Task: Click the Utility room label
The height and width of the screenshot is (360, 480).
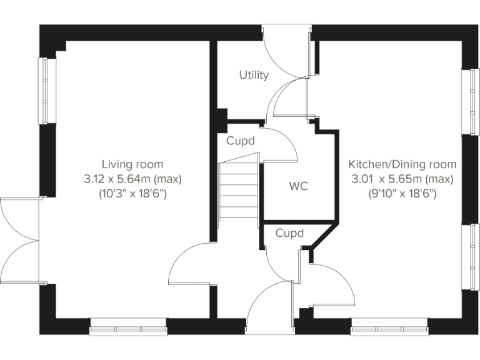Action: (x=254, y=75)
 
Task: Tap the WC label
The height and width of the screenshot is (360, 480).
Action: (x=298, y=186)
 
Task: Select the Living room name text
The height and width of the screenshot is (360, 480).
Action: (x=132, y=164)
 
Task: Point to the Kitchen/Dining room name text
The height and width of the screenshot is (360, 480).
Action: (x=402, y=164)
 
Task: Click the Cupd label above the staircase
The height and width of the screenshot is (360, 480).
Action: (x=241, y=141)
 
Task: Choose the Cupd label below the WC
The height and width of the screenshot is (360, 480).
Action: (x=289, y=234)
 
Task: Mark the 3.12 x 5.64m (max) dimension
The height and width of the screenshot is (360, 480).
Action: (x=132, y=179)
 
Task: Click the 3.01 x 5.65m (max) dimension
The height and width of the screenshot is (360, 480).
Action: (x=402, y=179)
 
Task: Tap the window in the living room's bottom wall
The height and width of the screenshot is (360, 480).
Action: (x=128, y=326)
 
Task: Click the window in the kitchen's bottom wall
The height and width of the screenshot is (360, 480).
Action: (x=389, y=326)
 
